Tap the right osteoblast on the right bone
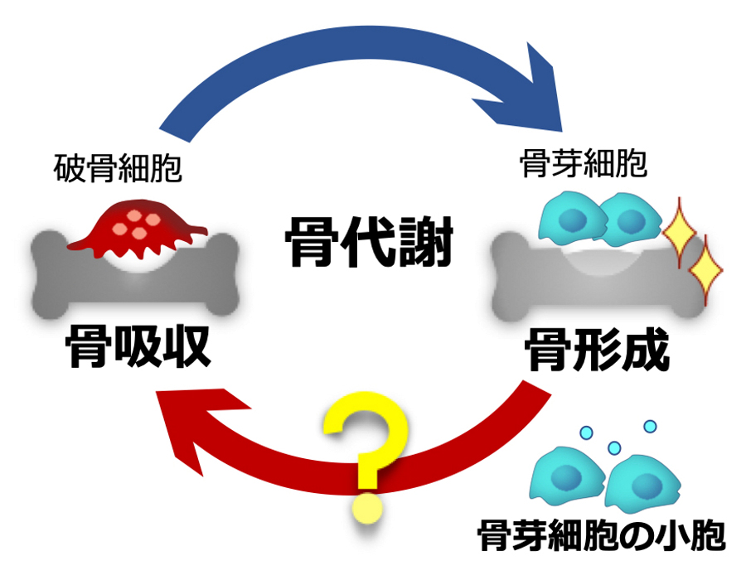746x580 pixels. click(629, 219)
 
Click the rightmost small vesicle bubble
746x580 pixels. click(650, 426)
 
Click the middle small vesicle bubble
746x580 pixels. click(614, 448)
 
